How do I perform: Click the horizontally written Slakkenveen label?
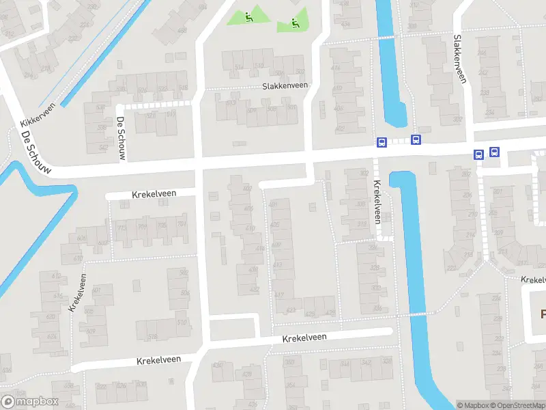(x=285, y=86)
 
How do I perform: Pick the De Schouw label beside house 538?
(x=121, y=139)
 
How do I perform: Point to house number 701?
(x=181, y=224)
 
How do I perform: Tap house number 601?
(x=96, y=290)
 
